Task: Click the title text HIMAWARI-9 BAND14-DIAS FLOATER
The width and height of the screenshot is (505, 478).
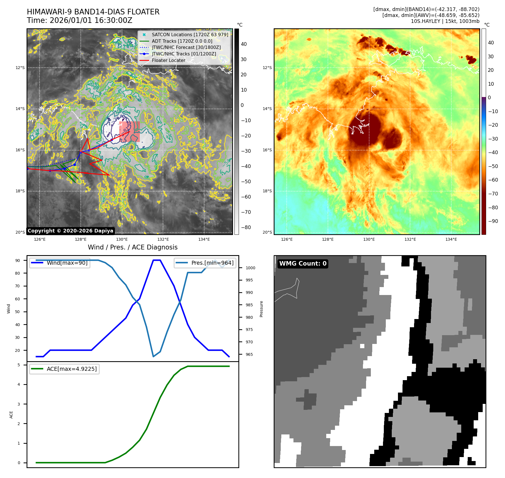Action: coord(93,12)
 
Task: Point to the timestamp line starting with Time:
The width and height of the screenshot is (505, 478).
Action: coord(79,20)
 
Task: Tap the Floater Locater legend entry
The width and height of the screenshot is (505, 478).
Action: coord(168,60)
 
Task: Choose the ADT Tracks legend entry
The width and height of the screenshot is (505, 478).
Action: coord(182,41)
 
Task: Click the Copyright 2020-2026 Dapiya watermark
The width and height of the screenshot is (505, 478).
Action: coord(70,231)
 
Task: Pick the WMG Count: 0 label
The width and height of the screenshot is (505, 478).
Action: coord(303,264)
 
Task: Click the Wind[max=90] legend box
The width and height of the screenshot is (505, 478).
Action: coord(60,263)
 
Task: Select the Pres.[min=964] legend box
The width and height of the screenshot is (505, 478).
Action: coord(205,263)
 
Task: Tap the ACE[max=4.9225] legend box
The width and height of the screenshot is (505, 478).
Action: coord(64,369)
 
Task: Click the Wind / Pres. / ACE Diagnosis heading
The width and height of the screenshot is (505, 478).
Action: coord(133,247)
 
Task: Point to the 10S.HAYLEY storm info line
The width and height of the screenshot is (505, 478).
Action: coord(445,21)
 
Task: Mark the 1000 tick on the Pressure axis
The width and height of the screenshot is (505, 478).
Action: coord(250,268)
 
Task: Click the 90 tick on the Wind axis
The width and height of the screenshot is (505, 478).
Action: coord(18,260)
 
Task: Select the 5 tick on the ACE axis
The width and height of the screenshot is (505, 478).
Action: coord(19,365)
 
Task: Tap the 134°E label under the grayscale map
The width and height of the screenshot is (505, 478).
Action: coord(204,239)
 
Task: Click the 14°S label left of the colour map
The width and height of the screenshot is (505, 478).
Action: coord(267,109)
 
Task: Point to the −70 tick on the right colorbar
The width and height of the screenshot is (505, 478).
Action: coord(493,194)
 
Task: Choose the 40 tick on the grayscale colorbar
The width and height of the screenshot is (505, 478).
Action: coord(244,44)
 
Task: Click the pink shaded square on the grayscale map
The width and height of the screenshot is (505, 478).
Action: coord(130,132)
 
